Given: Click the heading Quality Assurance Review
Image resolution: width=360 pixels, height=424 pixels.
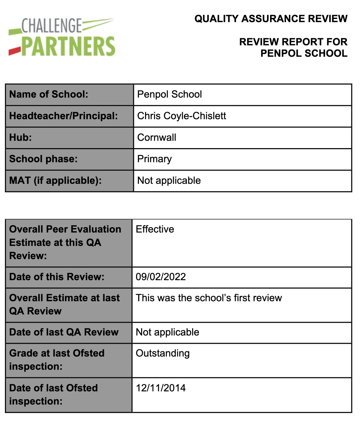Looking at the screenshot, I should tap(271, 19).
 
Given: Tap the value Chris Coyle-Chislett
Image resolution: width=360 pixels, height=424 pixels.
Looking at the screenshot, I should tap(181, 116).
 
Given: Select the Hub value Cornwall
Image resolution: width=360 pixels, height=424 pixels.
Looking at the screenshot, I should tap(157, 137).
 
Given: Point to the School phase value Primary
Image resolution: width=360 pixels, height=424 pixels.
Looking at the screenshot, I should tap(154, 159).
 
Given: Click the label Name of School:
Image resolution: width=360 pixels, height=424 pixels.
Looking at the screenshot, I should tap(49, 95).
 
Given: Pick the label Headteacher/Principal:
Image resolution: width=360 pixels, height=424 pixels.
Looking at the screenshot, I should tap(63, 116).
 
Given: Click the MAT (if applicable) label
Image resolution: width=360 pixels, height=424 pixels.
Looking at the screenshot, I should tap(55, 181).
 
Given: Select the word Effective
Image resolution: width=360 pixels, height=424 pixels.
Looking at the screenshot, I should tap(155, 229).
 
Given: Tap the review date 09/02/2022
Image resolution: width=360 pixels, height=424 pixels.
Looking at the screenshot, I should tap(161, 277).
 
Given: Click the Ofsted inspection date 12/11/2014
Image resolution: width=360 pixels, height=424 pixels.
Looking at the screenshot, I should tap(161, 388).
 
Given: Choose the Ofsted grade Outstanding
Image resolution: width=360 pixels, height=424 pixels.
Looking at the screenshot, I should tap(162, 353).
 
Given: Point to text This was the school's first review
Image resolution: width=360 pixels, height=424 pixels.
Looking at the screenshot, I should tap(209, 298).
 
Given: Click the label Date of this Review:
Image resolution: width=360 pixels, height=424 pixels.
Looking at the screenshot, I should tap(57, 277).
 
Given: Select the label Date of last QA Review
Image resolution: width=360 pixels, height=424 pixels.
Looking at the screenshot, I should tap(64, 332).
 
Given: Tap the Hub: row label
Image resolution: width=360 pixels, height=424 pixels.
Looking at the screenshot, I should tap(20, 137).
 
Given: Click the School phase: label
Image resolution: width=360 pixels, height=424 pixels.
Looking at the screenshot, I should tap(43, 159).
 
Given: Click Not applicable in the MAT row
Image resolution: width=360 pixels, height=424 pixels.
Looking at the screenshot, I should tap(169, 181).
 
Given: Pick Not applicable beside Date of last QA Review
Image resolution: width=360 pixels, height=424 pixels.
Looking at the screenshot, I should tap(167, 332).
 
